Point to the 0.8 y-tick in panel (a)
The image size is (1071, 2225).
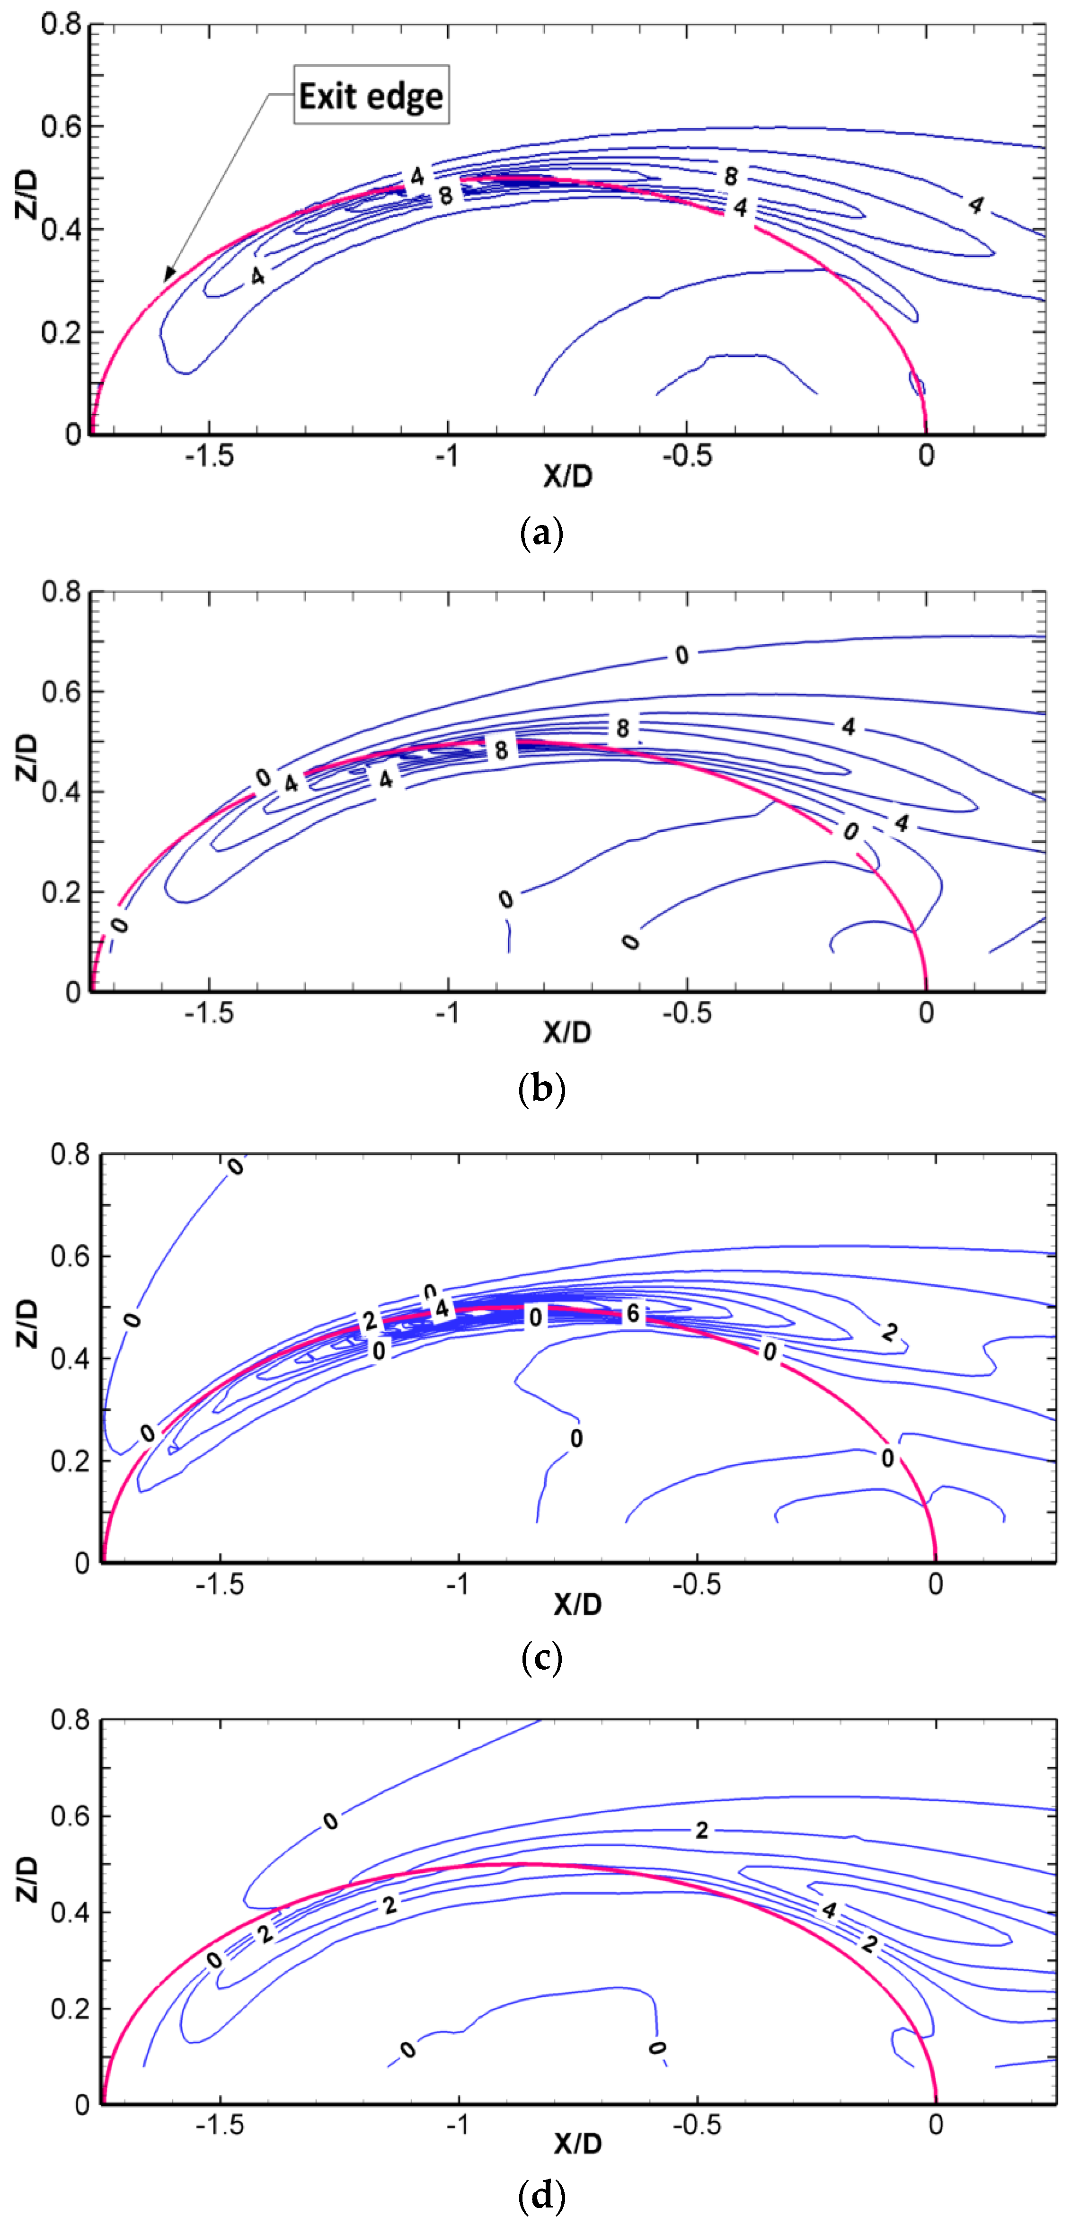click(x=61, y=24)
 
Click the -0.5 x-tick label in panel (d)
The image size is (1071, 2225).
click(x=696, y=2124)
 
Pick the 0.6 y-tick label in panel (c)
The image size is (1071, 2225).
click(x=69, y=1257)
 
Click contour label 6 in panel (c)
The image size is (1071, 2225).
click(x=633, y=1314)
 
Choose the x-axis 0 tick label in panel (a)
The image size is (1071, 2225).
click(x=926, y=455)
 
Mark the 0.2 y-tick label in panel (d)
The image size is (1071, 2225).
click(x=69, y=2009)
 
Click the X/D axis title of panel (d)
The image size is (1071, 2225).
click(x=577, y=2144)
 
